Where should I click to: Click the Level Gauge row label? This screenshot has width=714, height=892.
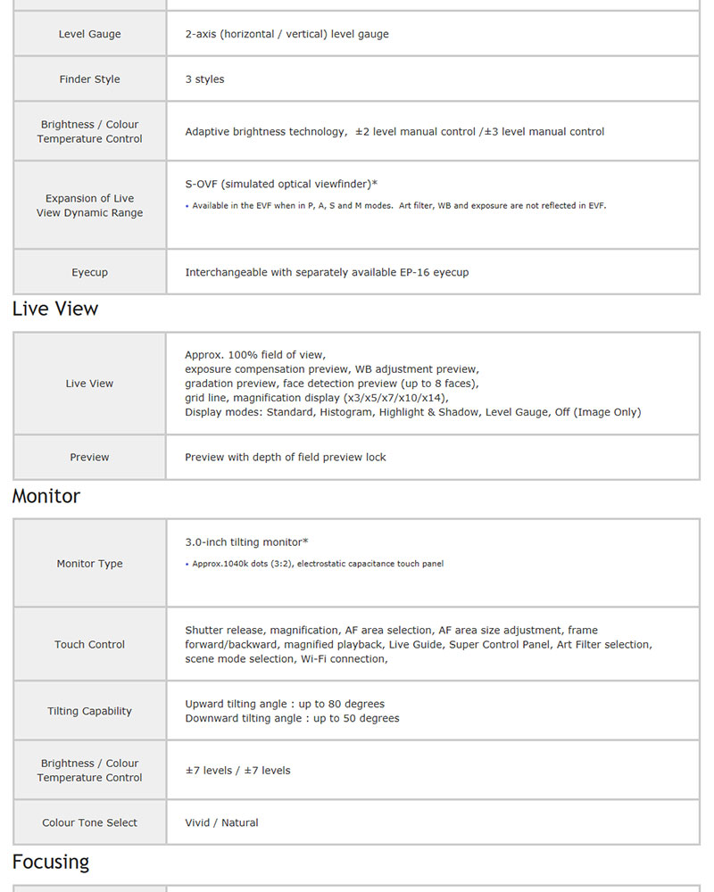point(89,34)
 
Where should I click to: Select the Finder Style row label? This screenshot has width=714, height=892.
point(89,79)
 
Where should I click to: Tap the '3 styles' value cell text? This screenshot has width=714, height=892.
point(204,79)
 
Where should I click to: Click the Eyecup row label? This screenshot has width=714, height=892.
point(89,272)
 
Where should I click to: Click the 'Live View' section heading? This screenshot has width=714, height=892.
point(55,309)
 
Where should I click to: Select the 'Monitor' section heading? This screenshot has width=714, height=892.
point(46,496)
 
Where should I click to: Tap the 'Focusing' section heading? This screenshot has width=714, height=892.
point(51,862)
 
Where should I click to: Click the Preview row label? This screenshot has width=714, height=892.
point(89,457)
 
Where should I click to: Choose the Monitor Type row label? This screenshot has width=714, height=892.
point(89,564)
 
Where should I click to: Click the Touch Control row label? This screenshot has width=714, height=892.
point(89,644)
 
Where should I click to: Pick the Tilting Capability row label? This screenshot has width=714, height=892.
point(89,711)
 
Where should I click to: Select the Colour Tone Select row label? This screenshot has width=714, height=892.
point(89,822)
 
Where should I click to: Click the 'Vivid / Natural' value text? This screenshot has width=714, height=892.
point(221,822)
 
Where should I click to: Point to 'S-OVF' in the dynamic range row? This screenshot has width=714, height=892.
point(201,184)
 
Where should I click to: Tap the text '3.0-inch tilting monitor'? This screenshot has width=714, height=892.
point(244,542)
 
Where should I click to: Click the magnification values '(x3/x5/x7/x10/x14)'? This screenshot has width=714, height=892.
point(395,398)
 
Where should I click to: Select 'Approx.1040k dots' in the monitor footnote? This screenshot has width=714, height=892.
point(233,564)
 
